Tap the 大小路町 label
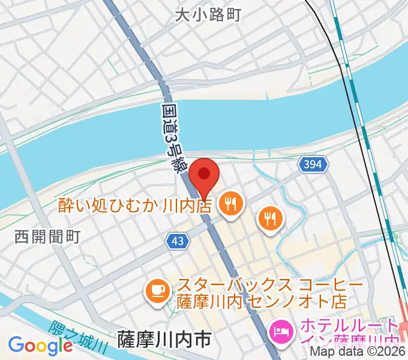tap(208, 15)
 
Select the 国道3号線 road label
tap(173, 137)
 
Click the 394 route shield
tap(312, 164)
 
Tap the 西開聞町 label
tap(47, 237)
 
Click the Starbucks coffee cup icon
tap(158, 292)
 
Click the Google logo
tap(40, 346)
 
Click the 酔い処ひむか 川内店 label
tap(136, 206)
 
